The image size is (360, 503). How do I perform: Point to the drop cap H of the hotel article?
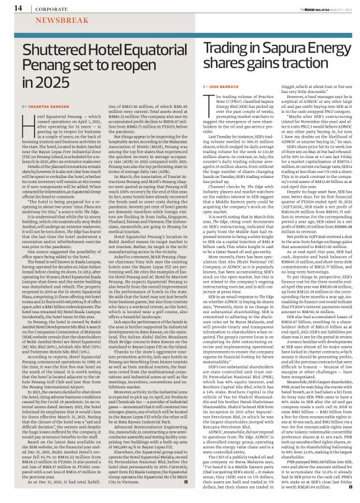(26, 122)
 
